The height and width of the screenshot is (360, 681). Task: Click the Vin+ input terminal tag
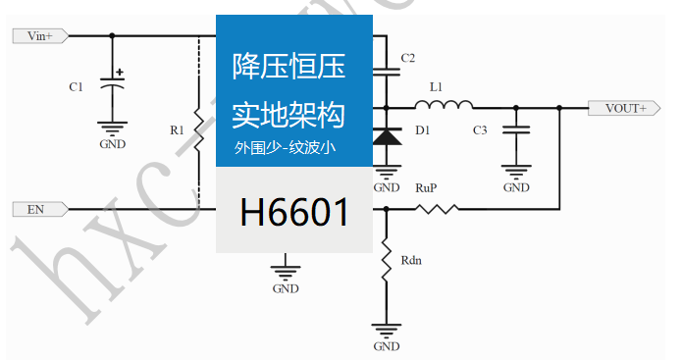point(40,36)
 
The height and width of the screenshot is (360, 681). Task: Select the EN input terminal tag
point(40,209)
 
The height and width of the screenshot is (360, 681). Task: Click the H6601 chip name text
point(294,211)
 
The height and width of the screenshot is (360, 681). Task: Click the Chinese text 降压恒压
point(288,68)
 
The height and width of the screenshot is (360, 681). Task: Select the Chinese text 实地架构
point(288,116)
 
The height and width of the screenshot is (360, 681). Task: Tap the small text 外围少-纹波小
point(288,149)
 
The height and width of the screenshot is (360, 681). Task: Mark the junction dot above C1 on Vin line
point(112,36)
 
